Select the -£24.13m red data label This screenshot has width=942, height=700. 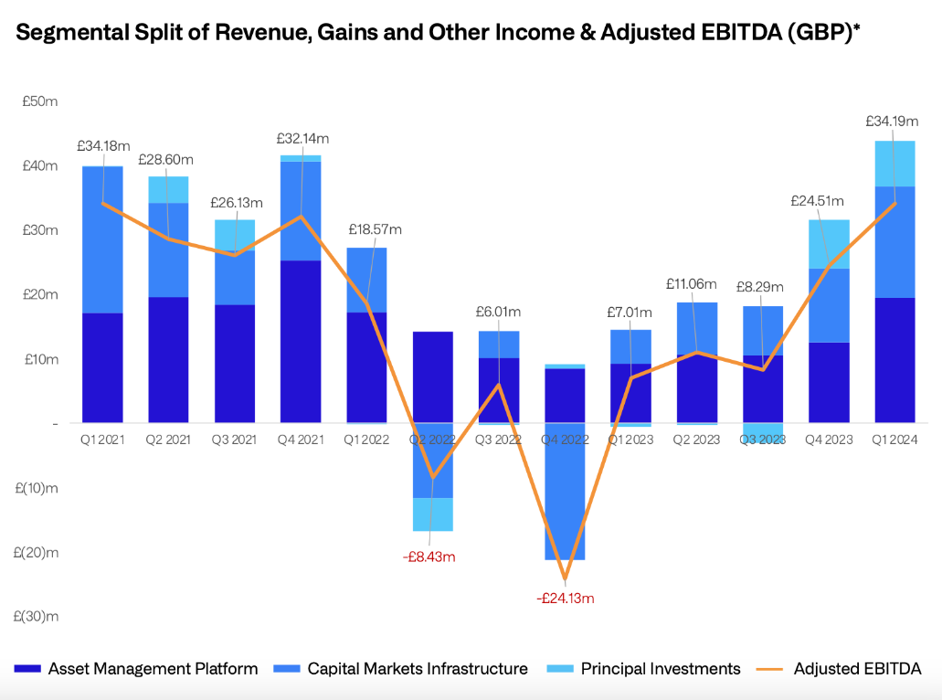[566, 599]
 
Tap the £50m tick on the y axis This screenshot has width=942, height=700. [40, 101]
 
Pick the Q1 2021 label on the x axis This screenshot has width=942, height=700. [102, 440]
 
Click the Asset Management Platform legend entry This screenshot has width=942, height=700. [153, 669]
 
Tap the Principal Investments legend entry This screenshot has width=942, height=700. [661, 669]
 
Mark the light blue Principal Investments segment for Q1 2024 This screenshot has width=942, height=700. [894, 164]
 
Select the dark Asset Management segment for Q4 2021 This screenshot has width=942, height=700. [301, 341]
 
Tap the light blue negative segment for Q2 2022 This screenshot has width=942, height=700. [432, 514]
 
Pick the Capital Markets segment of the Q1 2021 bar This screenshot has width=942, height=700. [102, 239]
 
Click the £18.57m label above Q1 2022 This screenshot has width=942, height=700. [375, 229]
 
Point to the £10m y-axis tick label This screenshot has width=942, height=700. [40, 359]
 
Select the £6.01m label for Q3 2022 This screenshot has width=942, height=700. [498, 312]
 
